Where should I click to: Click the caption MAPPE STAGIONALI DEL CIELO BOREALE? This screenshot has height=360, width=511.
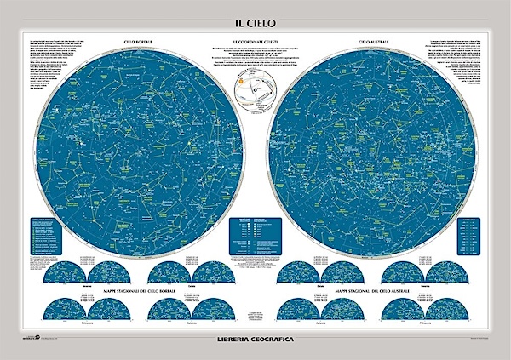click(138, 292)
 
